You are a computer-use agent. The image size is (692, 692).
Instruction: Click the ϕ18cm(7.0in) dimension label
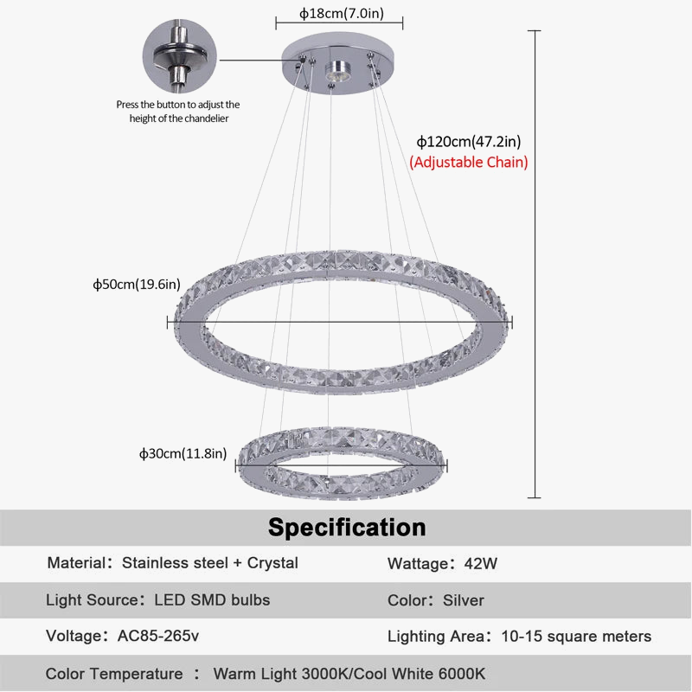click(340, 13)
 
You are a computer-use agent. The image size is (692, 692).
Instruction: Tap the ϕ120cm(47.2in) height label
click(468, 141)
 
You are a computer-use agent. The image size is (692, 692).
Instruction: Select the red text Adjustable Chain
click(468, 162)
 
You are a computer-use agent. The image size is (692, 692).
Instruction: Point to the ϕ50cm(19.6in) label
click(137, 285)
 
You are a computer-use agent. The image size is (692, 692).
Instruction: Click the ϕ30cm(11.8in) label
click(183, 452)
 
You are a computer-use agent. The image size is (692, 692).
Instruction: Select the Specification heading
click(346, 527)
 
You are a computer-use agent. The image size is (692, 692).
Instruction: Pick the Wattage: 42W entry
click(442, 564)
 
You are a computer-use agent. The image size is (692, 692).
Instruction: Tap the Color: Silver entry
click(435, 600)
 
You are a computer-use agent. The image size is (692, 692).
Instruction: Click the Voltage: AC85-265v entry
click(123, 637)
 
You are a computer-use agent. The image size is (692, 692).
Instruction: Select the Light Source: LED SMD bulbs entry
click(157, 600)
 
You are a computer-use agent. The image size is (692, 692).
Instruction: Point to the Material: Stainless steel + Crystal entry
click(172, 563)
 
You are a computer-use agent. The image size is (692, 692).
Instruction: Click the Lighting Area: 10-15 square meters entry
click(519, 637)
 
